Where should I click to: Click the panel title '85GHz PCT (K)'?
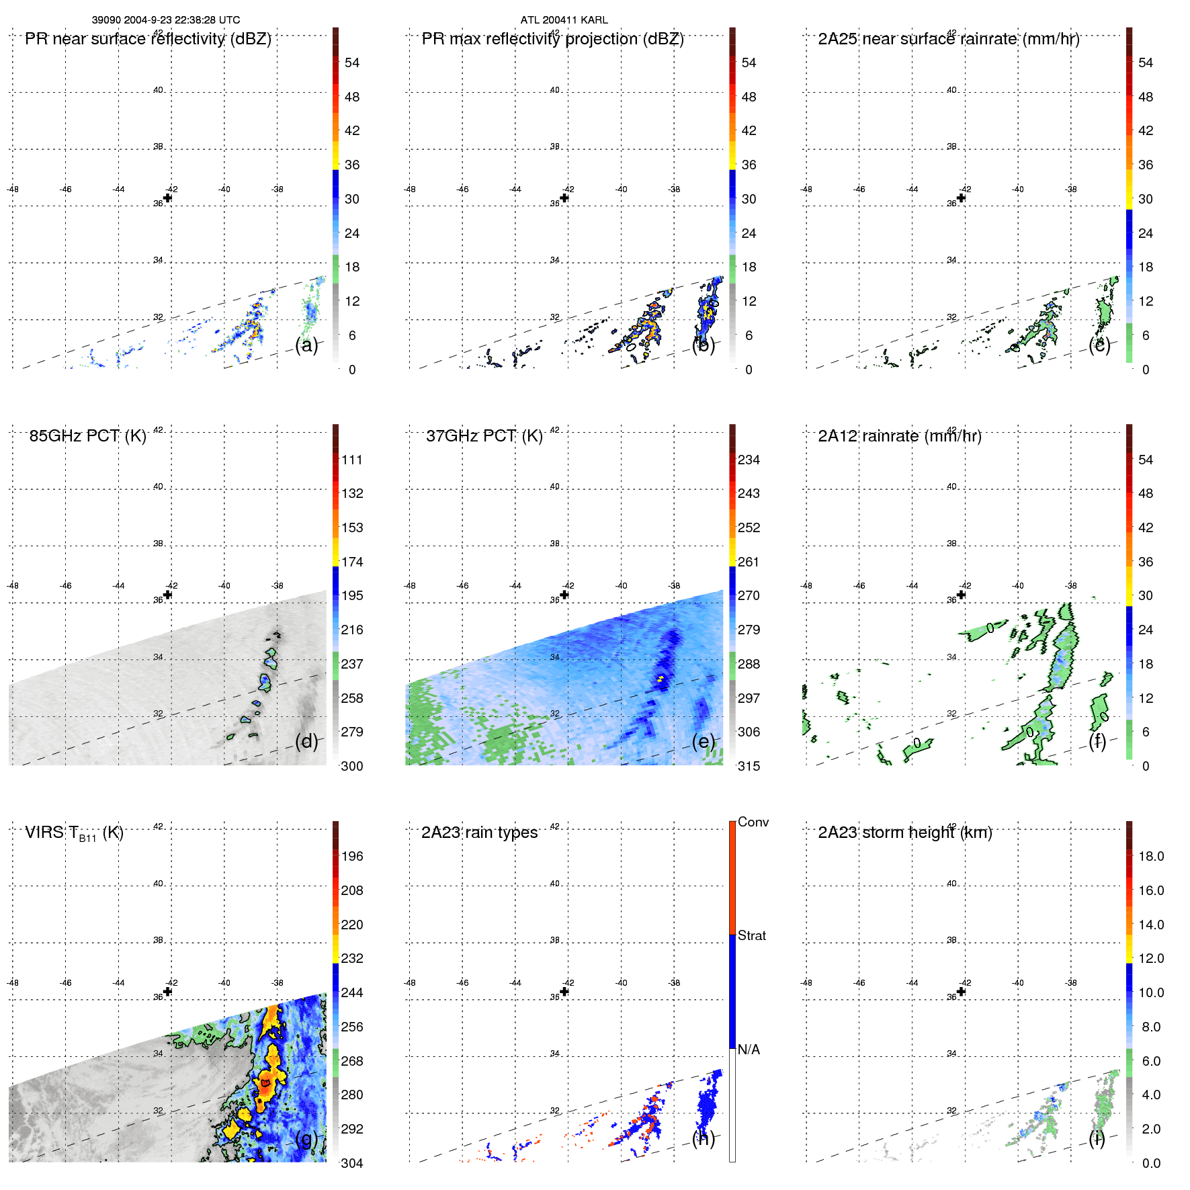click(x=87, y=436)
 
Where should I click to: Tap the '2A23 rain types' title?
click(x=479, y=833)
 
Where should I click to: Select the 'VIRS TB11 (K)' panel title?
click(x=74, y=833)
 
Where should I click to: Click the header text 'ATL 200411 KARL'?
click(x=564, y=20)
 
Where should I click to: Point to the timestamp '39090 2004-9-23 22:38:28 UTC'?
click(x=166, y=20)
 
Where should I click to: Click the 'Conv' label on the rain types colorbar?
click(x=753, y=822)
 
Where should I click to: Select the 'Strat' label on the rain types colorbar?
click(x=751, y=935)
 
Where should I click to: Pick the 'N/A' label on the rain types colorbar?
click(x=749, y=1050)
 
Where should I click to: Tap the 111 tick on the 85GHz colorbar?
click(x=351, y=460)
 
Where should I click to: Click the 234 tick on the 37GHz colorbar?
click(x=749, y=460)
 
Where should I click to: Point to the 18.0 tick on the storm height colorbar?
click(x=1150, y=856)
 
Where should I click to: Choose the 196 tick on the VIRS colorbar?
click(x=351, y=856)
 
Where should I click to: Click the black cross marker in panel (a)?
click(x=167, y=198)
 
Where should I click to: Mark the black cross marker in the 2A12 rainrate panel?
click(x=961, y=595)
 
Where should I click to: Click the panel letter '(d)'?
click(x=306, y=741)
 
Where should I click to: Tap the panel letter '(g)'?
click(x=306, y=1138)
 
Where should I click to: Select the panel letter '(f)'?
click(x=1097, y=741)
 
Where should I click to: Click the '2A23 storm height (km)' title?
click(x=904, y=833)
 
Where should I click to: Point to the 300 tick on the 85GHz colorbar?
click(x=351, y=766)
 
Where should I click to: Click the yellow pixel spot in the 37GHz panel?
click(x=661, y=679)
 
